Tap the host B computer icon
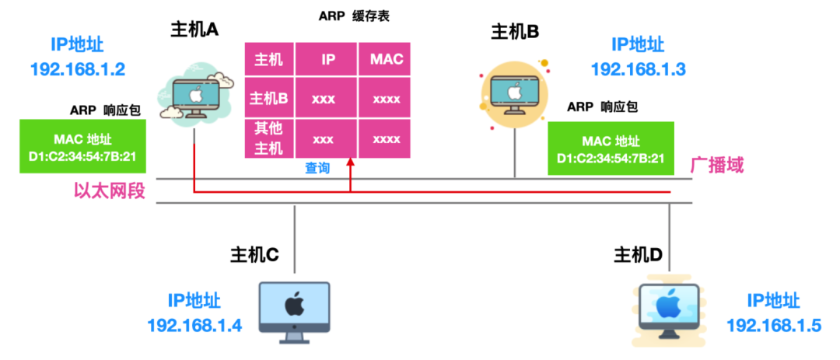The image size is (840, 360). [514, 93]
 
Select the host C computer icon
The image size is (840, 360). [295, 312]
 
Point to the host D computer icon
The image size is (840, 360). [671, 309]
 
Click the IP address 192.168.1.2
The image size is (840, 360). [78, 69]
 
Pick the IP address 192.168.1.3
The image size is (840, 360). [639, 69]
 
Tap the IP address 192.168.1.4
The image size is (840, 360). [194, 325]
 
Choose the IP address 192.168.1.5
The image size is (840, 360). [774, 325]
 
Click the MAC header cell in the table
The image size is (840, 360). [385, 59]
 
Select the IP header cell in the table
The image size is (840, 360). [328, 59]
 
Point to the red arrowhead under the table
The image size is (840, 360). [350, 163]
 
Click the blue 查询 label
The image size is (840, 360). [317, 168]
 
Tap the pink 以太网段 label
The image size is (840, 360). [110, 191]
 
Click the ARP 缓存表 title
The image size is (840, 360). [354, 16]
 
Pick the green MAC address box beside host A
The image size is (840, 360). [83, 146]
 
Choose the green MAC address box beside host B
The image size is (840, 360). [611, 148]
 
